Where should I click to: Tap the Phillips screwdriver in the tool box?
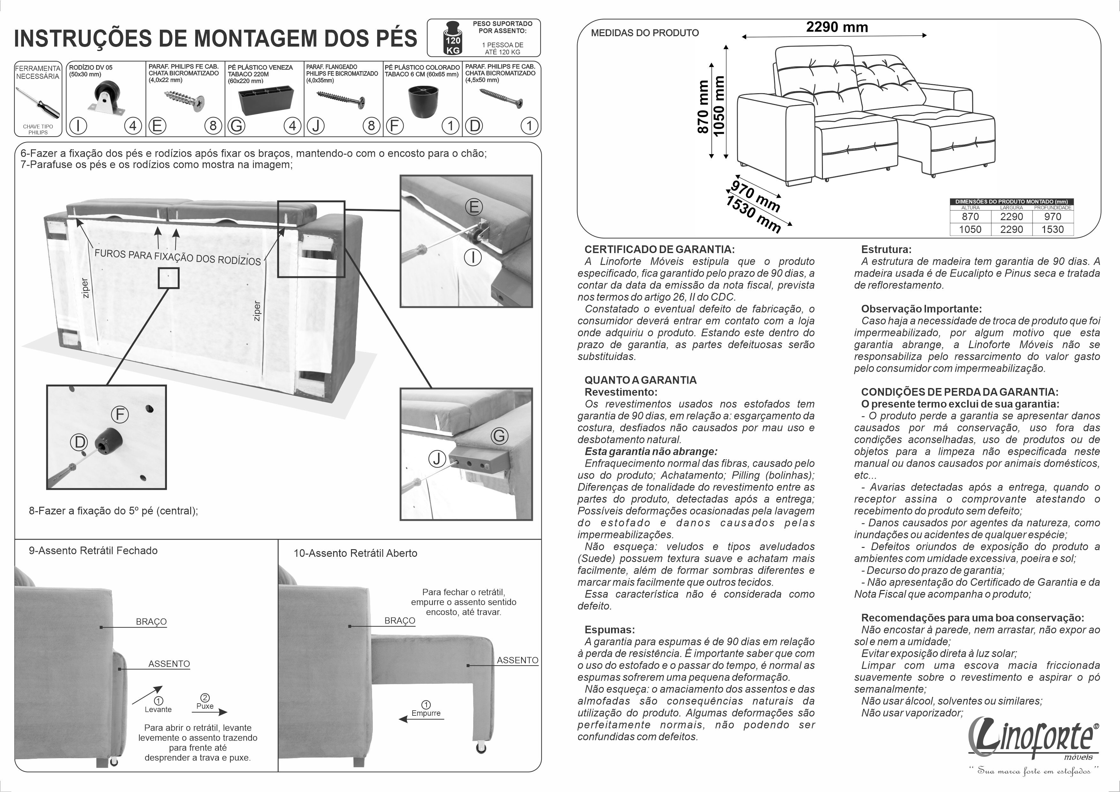pos(38,102)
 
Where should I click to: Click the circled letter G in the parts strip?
pos(236,126)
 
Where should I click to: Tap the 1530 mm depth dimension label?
pos(753,214)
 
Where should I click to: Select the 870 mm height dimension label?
pos(703,107)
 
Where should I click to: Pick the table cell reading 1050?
pos(970,229)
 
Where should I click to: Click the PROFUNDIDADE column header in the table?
pos(1053,208)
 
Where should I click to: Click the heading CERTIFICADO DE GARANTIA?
pos(660,249)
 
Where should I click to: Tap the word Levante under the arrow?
pos(158,710)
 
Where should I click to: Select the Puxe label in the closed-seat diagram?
pos(205,706)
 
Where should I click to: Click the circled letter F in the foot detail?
pos(120,415)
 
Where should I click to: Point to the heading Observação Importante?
pos(921,309)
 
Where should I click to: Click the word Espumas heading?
pos(609,630)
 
